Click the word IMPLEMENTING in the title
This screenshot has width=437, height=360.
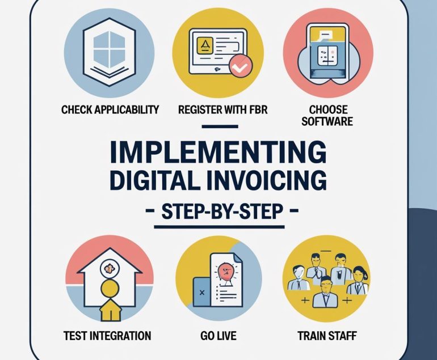pyautogui.click(x=218, y=153)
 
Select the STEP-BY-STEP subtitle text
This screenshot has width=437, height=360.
pyautogui.click(x=222, y=211)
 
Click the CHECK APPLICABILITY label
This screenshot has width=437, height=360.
pyautogui.click(x=110, y=109)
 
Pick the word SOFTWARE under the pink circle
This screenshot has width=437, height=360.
pyautogui.click(x=327, y=122)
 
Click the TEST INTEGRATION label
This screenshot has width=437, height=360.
pyautogui.click(x=107, y=336)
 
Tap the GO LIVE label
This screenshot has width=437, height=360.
pyautogui.click(x=218, y=336)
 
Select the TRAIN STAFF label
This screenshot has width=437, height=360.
pyautogui.click(x=327, y=336)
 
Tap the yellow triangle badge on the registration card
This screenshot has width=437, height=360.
pyautogui.click(x=204, y=45)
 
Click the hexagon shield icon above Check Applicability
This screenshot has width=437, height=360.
pyautogui.click(x=109, y=49)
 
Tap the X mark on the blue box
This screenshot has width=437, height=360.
pyautogui.click(x=203, y=293)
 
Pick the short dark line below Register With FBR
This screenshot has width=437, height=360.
pyautogui.click(x=220, y=126)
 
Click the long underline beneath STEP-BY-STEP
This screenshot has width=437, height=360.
pyautogui.click(x=219, y=227)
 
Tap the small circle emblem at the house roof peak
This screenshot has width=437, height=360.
pyautogui.click(x=109, y=269)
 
